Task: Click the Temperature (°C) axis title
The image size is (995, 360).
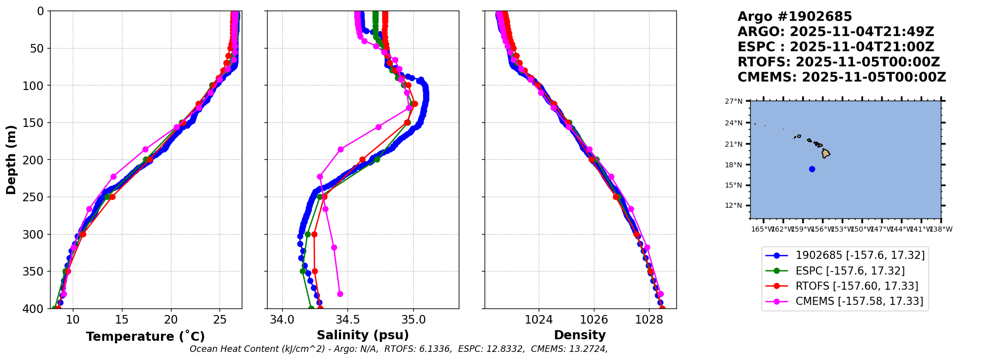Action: [x=145, y=337]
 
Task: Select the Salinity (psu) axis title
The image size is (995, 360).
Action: [x=363, y=335]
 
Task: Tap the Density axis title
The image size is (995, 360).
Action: [x=580, y=335]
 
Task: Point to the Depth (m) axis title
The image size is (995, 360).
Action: [x=11, y=159]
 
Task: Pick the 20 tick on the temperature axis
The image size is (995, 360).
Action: [x=171, y=320]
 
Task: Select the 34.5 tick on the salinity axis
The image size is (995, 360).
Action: [x=348, y=320]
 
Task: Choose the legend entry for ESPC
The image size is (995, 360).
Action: [x=850, y=271]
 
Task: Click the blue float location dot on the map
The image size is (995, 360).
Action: [x=812, y=169]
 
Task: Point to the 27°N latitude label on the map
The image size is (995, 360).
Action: [x=733, y=102]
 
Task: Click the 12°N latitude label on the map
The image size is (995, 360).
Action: [x=733, y=206]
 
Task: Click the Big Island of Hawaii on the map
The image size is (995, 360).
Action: [x=826, y=153]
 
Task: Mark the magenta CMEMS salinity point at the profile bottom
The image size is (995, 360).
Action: [x=340, y=294]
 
